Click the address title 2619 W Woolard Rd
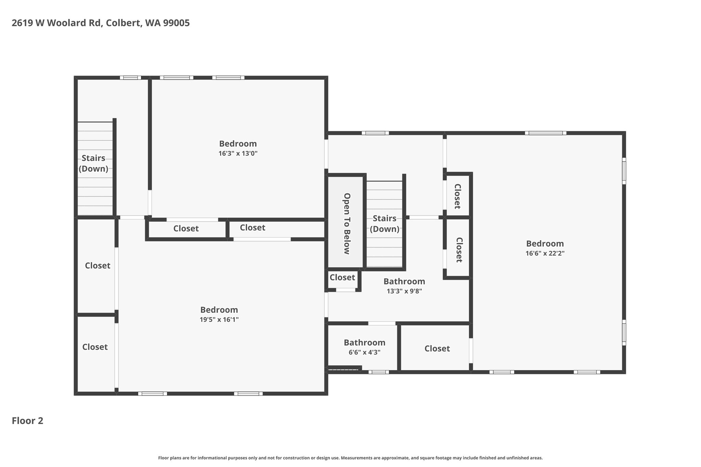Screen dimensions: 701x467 (57, 23)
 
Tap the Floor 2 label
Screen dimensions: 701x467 (28, 420)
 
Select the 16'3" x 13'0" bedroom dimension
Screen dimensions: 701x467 (238, 154)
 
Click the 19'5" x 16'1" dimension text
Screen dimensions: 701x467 (219, 320)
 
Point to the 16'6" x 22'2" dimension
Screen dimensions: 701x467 (545, 254)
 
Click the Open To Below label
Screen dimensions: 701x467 (347, 224)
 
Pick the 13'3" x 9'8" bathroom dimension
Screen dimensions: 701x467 (404, 291)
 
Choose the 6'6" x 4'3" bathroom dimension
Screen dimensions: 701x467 (365, 352)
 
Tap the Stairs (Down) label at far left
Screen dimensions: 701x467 (93, 163)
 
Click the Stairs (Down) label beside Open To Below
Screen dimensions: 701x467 (385, 224)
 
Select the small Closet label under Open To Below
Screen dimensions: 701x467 (342, 277)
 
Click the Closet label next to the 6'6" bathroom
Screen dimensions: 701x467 (437, 349)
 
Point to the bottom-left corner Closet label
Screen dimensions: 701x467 (95, 347)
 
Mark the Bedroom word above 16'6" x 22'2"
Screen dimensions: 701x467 (545, 244)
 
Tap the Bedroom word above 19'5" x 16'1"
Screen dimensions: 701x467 (219, 310)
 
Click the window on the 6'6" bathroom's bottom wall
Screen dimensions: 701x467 (379, 372)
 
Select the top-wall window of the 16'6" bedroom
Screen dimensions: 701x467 (546, 133)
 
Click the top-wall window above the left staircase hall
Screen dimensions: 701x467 (130, 78)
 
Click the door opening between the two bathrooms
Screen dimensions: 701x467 (382, 323)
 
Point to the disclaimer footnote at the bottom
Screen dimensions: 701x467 (350, 458)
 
